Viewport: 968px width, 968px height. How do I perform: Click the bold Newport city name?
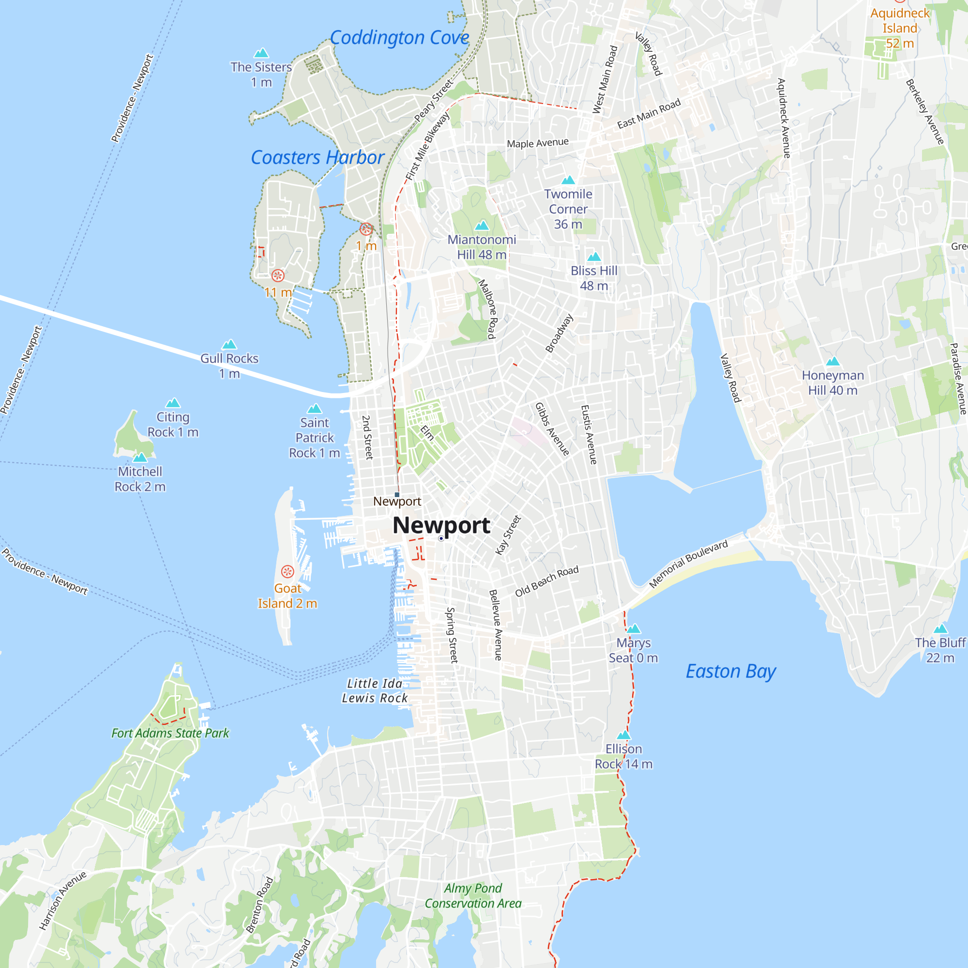tap(441, 525)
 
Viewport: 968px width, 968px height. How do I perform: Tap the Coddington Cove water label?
tap(399, 38)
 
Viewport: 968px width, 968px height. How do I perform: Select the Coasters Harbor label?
tap(317, 157)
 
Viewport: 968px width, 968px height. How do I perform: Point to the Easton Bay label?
tap(730, 671)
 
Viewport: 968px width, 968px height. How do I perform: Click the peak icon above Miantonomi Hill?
tap(482, 226)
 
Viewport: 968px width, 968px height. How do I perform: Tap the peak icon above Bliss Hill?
tap(594, 257)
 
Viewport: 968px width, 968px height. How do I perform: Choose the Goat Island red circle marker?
tap(287, 572)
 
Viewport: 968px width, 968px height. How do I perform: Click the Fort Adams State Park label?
tap(170, 733)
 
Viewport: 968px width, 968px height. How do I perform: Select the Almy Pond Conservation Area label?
tap(473, 896)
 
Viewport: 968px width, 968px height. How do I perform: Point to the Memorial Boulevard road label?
tap(688, 564)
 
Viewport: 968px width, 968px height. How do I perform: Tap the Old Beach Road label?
tap(546, 581)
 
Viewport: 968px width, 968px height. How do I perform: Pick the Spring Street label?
tap(452, 635)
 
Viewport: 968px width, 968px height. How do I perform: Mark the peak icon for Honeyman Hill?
tap(832, 361)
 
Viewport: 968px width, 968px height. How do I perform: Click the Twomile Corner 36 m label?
tap(568, 209)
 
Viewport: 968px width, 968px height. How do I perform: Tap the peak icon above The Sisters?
tap(261, 53)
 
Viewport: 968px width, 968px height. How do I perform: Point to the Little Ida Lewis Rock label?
tap(375, 691)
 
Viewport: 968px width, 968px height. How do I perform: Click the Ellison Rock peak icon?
tap(623, 735)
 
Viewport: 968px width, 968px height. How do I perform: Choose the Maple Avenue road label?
tap(538, 143)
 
